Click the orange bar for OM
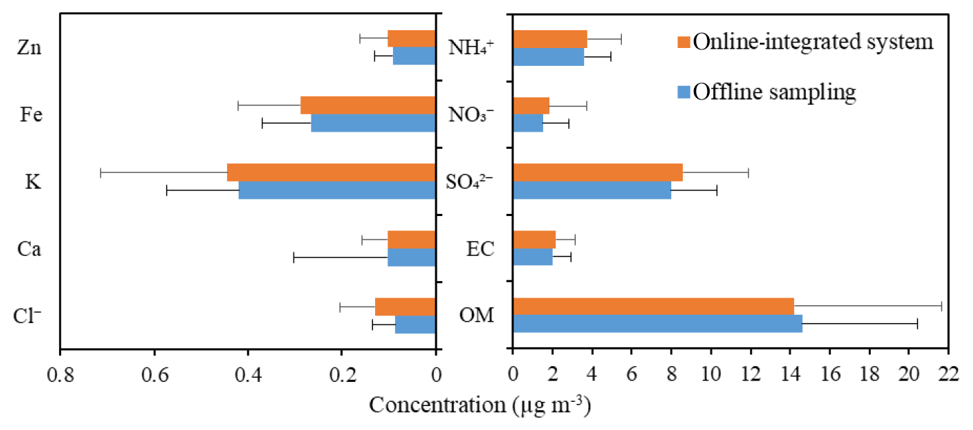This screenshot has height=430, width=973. tap(653, 307)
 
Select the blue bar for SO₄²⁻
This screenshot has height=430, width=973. tap(592, 190)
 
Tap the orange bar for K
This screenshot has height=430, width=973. tap(331, 172)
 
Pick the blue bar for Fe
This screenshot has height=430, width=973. tap(373, 123)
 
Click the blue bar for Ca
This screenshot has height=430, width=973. tap(411, 257)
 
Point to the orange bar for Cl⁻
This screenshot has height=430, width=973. tap(405, 307)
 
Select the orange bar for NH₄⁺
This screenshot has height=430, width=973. tap(550, 38)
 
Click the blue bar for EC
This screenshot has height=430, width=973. tap(532, 257)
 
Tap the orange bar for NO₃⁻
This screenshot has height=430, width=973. tap(531, 106)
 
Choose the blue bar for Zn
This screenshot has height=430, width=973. tap(414, 56)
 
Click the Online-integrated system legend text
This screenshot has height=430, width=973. tap(813, 42)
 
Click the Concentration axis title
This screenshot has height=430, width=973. tap(480, 405)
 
